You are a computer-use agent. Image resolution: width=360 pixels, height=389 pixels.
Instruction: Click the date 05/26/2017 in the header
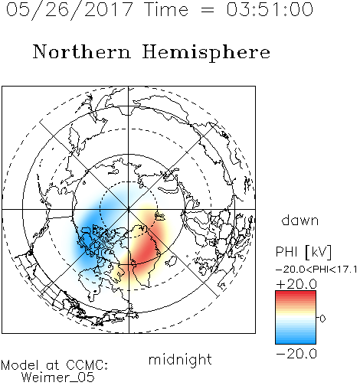point(69,10)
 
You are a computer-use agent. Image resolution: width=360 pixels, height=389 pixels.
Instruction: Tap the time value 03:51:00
point(270,9)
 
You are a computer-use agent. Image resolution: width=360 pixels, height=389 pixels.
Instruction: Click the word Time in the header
point(166,9)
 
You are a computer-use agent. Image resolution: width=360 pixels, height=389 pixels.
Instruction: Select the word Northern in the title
point(82,51)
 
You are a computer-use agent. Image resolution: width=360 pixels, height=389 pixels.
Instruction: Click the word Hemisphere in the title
point(206,53)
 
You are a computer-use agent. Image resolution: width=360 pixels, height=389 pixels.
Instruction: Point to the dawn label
point(300,220)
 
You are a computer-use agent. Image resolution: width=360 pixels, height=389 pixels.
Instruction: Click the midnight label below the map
point(180,360)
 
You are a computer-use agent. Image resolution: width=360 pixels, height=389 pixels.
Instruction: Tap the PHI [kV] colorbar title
point(303,252)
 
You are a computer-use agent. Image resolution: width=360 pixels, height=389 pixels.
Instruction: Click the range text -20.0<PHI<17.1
point(316,270)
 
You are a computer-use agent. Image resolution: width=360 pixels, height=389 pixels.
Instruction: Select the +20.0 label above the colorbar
point(296,284)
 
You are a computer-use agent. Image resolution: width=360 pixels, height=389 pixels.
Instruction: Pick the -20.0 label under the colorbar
point(296,354)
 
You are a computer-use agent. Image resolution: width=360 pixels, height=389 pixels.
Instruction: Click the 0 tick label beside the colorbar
point(322,319)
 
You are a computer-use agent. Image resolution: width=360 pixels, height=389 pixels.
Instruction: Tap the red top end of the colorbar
point(296,293)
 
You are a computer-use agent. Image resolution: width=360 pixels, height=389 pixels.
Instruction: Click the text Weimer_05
point(58,378)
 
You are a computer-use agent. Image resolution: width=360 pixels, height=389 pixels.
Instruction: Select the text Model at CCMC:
point(54,365)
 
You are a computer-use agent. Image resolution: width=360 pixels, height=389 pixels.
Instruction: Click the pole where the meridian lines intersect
point(129,209)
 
